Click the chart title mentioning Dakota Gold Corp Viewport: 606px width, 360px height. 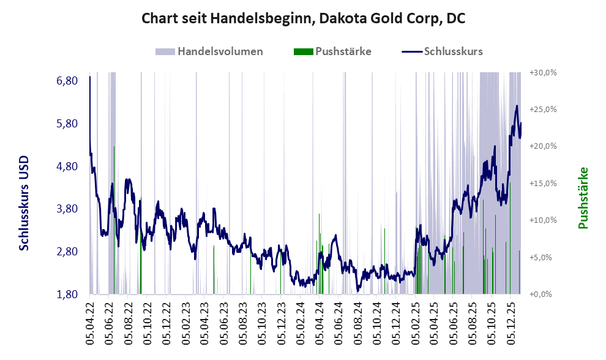[x=303, y=18]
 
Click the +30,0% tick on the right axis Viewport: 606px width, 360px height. [x=543, y=72]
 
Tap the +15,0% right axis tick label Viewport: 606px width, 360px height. [x=543, y=183]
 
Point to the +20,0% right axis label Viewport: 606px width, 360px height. [x=543, y=146]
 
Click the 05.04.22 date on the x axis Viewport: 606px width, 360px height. [x=90, y=321]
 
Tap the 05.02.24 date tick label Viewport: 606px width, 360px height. [x=301, y=321]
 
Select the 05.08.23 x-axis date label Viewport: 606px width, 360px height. [x=243, y=321]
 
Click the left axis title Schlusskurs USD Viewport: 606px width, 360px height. [x=24, y=203]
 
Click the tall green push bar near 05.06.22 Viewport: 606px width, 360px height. [x=114, y=184]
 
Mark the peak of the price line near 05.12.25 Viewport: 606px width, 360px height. [x=517, y=106]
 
